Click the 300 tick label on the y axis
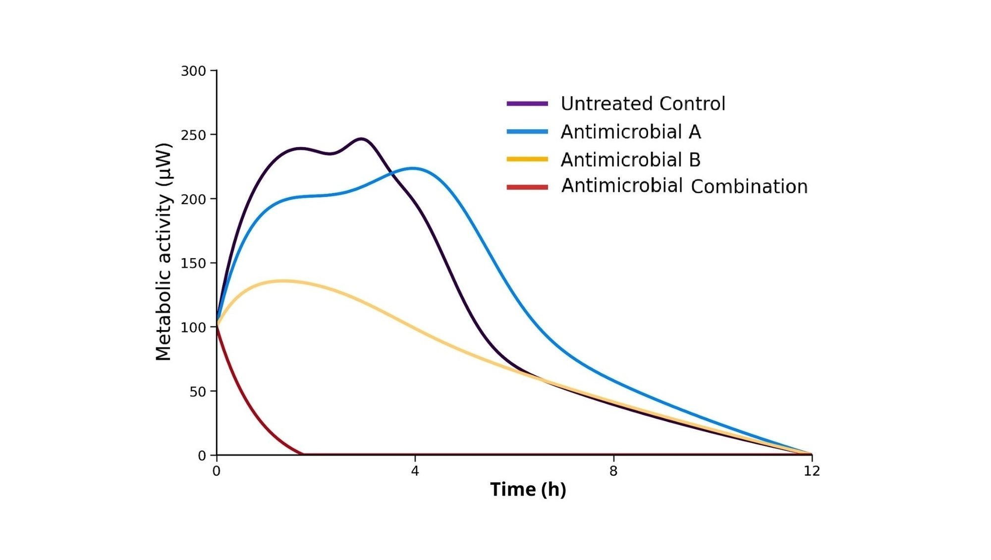coord(193,71)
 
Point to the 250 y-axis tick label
coord(193,135)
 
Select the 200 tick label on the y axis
coord(193,199)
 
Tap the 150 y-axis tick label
coord(193,264)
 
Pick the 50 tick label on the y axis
coord(197,392)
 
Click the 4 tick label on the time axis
coord(415,471)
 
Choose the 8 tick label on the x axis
coord(613,471)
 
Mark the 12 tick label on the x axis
coord(812,471)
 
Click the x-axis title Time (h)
coord(528,490)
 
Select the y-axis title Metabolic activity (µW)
coord(164,252)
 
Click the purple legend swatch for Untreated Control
coord(527,104)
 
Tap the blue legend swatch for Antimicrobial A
coord(527,132)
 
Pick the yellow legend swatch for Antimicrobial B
coord(527,159)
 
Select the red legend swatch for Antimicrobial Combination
coord(527,187)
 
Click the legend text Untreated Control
coord(643,104)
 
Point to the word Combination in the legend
coord(749,187)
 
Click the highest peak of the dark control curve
coord(362,139)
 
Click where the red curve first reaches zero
coord(303,454)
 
